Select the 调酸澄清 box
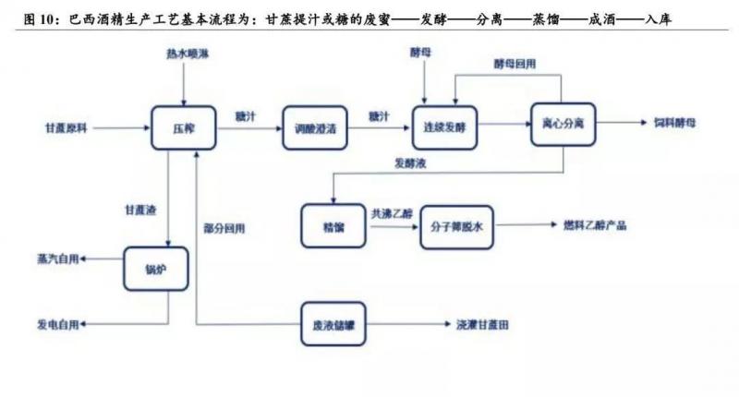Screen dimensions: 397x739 coord(315,129)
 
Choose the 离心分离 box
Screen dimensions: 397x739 coord(560,123)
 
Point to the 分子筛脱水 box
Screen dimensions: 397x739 coord(453,225)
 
